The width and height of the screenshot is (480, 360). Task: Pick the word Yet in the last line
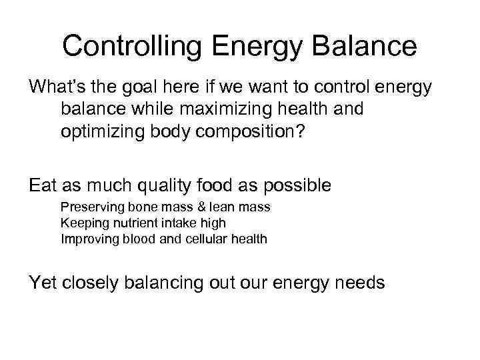point(43,283)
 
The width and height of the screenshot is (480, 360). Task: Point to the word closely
point(95,283)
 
